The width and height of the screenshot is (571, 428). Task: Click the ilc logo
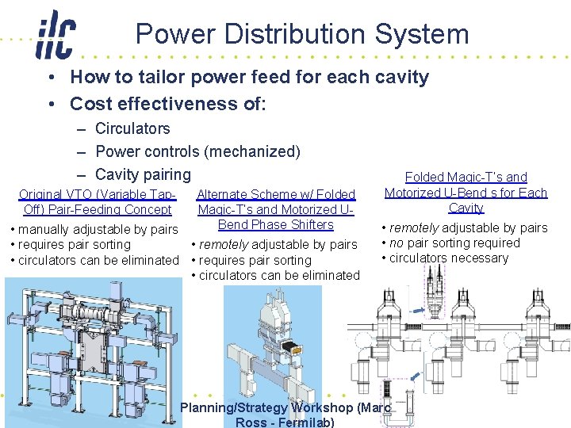(x=55, y=36)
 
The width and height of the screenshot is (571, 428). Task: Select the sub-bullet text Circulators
(x=132, y=128)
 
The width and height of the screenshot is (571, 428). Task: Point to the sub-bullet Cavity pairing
(x=143, y=174)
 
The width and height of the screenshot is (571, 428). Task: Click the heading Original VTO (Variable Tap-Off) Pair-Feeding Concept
(x=97, y=201)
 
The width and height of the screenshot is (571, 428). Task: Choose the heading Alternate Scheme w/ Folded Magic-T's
(x=276, y=201)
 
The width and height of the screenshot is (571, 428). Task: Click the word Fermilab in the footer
(x=304, y=422)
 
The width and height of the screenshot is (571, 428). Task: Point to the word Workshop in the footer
(x=324, y=408)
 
